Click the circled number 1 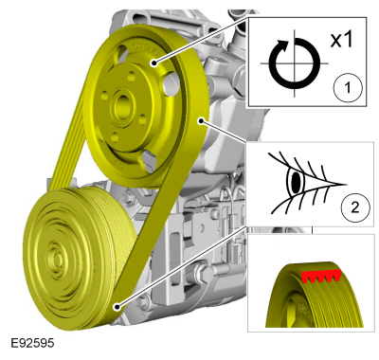point(347,87)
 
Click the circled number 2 point(355,208)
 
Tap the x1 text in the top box point(341,41)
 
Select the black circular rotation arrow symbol point(294,63)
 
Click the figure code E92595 point(32,343)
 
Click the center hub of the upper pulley point(122,106)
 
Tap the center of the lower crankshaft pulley point(57,259)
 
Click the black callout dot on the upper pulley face point(153,63)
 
